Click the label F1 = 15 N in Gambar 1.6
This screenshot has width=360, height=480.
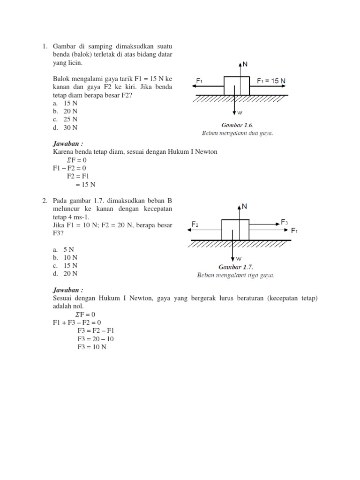coord(271,81)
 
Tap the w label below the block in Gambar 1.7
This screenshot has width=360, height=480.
coord(239,258)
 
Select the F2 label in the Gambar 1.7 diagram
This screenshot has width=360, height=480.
coord(195,225)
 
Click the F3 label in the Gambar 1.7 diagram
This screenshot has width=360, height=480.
coord(285,222)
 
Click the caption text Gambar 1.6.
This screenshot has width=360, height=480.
coord(237,126)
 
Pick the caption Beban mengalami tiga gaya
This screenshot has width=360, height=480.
coord(235,275)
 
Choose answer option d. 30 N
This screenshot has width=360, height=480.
coord(65,127)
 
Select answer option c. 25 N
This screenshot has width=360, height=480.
coord(65,119)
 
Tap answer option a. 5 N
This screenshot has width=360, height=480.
coord(64,249)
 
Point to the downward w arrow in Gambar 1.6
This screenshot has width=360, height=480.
coord(233,105)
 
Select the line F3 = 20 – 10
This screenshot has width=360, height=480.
coord(96,339)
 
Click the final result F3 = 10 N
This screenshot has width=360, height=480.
coord(92,347)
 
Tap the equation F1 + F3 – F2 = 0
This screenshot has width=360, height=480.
coord(77,322)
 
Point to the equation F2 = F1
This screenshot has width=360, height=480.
coord(77,176)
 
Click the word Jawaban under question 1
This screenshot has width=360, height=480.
coord(66,144)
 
